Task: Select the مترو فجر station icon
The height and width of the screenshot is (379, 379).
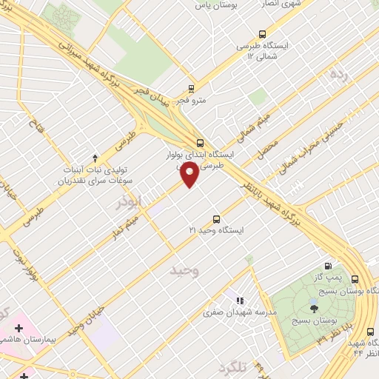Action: [192, 87]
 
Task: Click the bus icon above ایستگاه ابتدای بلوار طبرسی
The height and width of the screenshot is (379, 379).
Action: [199, 143]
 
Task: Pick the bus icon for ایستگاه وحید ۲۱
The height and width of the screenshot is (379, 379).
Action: [216, 218]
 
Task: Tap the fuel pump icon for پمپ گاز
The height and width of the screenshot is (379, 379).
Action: [328, 266]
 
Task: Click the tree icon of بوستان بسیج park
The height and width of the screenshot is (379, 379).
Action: [314, 308]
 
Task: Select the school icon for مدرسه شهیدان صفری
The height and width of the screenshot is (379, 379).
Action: [238, 301]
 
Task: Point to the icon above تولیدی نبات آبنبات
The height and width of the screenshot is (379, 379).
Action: [95, 157]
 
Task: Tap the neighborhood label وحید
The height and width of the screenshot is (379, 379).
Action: [184, 270]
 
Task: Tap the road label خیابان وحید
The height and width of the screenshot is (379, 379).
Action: [83, 320]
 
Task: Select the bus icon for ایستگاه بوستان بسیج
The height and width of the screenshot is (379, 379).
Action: [355, 279]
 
